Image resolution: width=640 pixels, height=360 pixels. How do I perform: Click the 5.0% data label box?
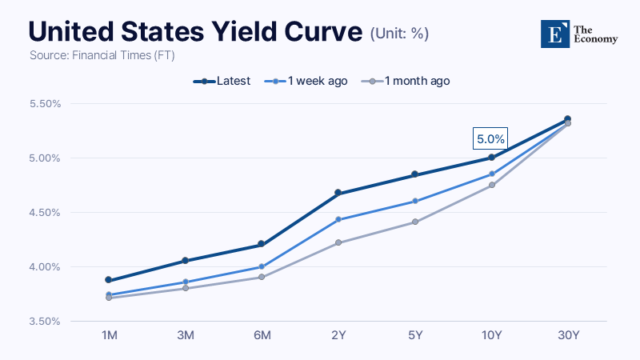490,138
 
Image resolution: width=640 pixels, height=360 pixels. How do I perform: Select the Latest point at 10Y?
491,157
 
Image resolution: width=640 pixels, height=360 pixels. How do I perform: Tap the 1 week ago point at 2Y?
338,219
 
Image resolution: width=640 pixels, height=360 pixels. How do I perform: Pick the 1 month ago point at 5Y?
415,222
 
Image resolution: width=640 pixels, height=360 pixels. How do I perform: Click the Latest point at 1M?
109,279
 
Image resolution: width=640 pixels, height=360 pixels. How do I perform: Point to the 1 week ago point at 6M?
262,266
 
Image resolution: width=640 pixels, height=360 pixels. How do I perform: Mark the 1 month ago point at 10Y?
492,185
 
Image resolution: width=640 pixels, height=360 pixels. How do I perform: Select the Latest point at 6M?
262,244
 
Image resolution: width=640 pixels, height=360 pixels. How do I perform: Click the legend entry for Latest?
222,81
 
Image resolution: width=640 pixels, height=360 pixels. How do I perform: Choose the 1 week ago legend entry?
306,81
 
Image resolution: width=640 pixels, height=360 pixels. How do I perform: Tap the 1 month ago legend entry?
406,81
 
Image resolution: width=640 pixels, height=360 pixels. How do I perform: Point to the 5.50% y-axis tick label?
45,104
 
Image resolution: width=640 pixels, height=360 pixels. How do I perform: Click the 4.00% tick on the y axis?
45,267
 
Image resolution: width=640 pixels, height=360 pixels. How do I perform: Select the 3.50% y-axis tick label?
45,322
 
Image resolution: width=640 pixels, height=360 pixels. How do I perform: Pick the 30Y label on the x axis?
569,335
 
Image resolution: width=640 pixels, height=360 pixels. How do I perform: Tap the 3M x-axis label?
186,335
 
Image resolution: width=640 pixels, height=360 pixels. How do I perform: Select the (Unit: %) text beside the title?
399,34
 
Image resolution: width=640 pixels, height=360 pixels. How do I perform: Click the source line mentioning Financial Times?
102,55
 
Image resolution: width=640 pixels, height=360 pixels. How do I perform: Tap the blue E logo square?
555,34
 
